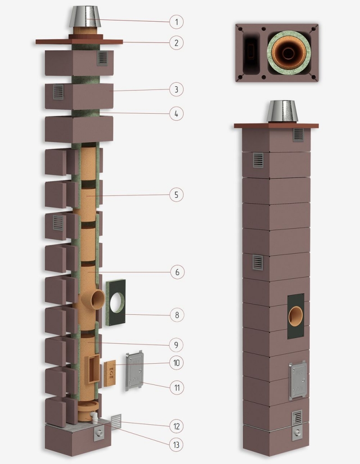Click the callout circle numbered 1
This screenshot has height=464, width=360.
(176, 22)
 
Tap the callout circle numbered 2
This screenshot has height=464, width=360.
(176, 43)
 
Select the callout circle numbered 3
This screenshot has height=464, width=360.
(176, 89)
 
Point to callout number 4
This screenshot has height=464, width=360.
(176, 114)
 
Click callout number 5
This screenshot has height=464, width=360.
(176, 195)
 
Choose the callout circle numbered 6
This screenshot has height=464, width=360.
(177, 272)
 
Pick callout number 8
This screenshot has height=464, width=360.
(177, 315)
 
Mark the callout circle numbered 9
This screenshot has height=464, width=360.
(176, 345)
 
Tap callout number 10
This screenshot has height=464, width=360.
(176, 362)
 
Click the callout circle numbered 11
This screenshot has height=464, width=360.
(177, 388)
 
